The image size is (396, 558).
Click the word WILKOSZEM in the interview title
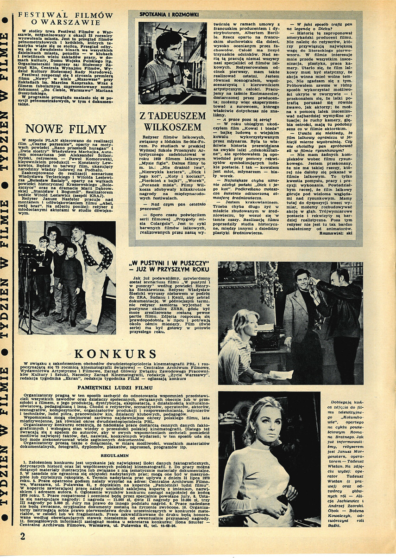pos(172,127)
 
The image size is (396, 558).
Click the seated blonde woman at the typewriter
pos(241,343)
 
